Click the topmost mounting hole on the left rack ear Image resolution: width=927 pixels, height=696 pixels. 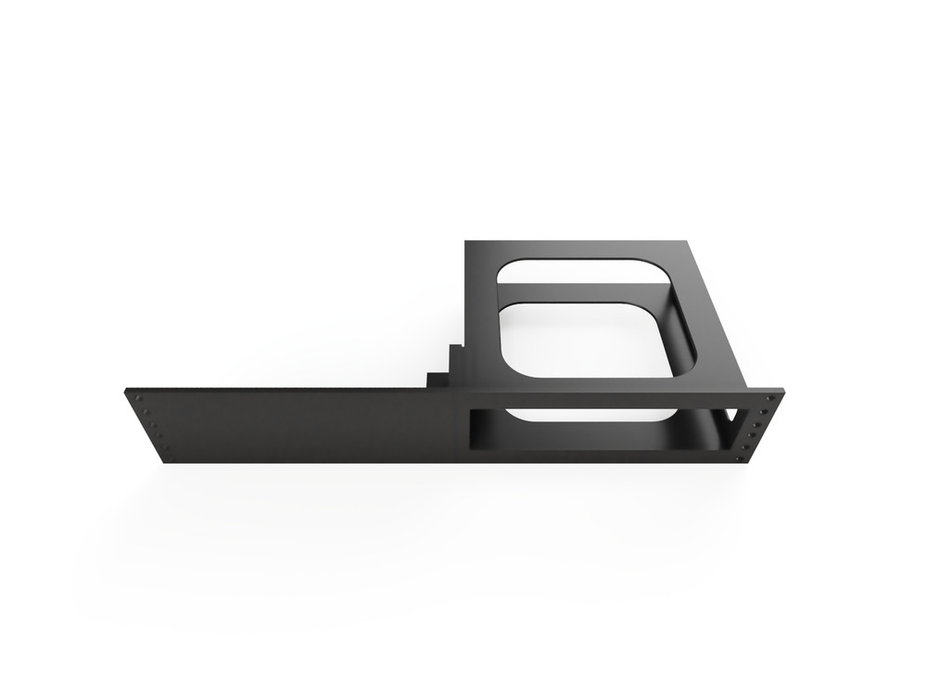click(138, 398)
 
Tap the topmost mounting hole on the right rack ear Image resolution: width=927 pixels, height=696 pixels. click(770, 398)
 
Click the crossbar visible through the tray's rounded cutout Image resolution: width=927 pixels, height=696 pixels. click(584, 293)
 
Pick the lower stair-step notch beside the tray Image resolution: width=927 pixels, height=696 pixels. click(435, 380)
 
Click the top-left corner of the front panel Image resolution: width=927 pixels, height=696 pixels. click(124, 391)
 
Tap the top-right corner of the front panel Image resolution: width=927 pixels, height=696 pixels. click(783, 391)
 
